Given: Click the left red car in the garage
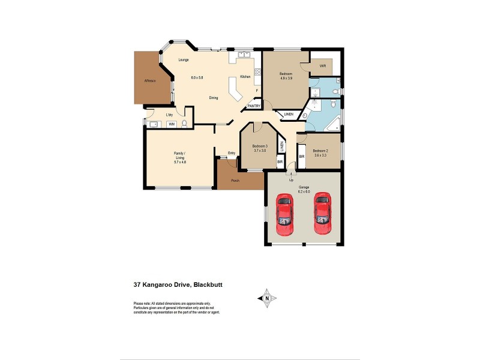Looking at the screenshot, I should [x=284, y=215].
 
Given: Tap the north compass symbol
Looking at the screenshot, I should [x=266, y=298].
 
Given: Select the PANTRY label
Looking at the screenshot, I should [x=253, y=106].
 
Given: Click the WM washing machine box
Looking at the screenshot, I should [x=172, y=124].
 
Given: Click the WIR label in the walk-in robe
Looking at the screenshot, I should [x=322, y=65].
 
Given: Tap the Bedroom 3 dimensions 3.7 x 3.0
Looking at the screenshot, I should [x=259, y=152].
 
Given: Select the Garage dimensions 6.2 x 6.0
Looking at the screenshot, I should [x=304, y=191].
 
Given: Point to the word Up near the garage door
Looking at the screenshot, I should [x=292, y=180].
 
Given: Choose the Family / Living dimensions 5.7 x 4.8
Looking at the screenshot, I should [x=180, y=163].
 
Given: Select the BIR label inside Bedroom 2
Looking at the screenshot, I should [x=302, y=156].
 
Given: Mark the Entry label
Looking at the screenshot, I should [x=231, y=153].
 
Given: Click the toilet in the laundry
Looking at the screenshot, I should [x=185, y=123].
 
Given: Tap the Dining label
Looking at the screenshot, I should [x=213, y=98].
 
